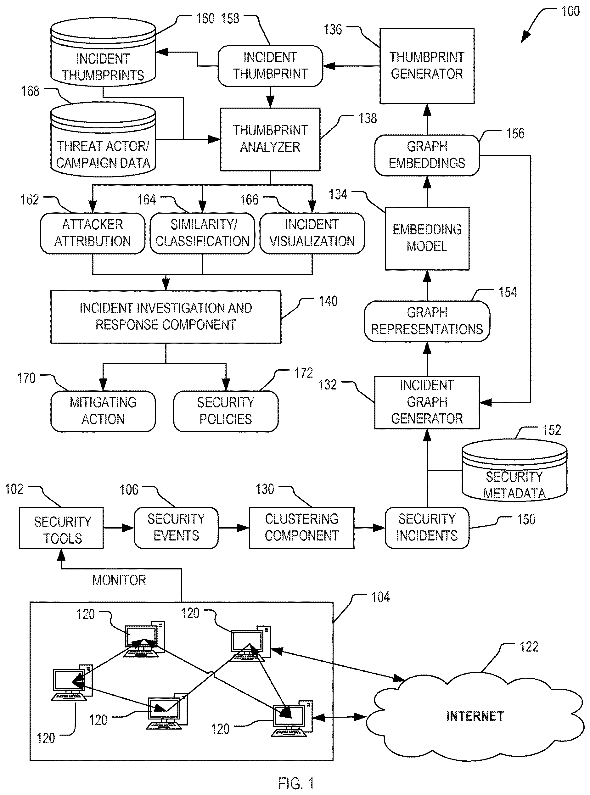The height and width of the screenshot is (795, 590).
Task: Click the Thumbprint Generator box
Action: coord(427,66)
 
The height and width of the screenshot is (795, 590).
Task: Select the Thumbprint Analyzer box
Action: coord(270,139)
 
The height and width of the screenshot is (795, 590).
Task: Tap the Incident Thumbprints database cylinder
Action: coord(103,52)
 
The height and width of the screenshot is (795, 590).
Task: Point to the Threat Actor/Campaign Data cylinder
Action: coord(103,139)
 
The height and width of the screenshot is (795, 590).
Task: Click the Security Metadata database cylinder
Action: coord(514,470)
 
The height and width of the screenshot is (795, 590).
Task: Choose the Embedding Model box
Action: coord(427,238)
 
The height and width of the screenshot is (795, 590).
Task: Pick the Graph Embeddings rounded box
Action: coord(427,155)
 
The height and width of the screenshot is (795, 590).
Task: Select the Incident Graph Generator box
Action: coord(427,402)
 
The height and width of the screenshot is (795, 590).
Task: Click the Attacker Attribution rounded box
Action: coord(93,233)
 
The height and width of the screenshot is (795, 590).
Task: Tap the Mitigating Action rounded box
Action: coord(103,411)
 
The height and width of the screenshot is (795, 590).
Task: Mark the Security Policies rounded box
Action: coord(226,411)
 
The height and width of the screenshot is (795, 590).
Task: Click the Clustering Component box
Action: coord(301,527)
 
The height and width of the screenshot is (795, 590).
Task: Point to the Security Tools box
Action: coord(61,527)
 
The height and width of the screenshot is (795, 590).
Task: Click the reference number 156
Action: coord(515,133)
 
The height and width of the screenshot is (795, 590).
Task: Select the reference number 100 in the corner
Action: coord(570,11)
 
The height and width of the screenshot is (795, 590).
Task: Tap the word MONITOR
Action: coord(119,580)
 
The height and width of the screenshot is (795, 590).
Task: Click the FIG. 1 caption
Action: coord(296,783)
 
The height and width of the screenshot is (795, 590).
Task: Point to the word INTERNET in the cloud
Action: coord(475,716)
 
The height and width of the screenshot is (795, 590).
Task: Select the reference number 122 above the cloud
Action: coord(529,647)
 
